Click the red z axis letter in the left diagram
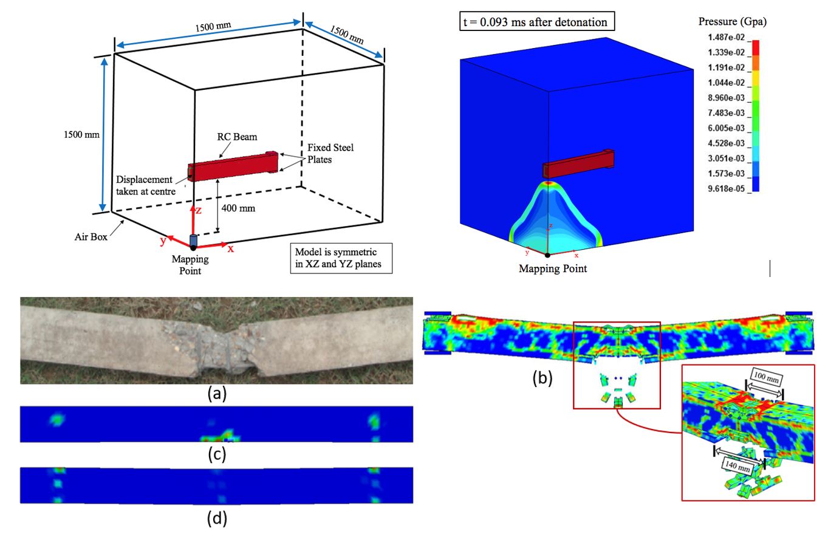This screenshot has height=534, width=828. pyautogui.click(x=199, y=211)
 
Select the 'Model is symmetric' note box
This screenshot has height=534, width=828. pyautogui.click(x=341, y=258)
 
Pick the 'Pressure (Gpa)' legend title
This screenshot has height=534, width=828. pyautogui.click(x=732, y=22)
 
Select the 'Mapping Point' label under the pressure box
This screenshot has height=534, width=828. pyautogui.click(x=553, y=268)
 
